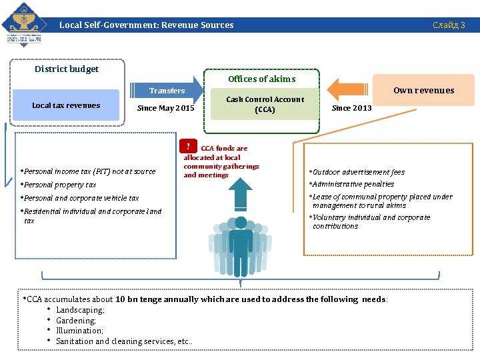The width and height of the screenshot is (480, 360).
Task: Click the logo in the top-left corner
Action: click(24, 24)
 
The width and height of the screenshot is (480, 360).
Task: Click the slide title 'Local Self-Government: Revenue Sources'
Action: click(147, 25)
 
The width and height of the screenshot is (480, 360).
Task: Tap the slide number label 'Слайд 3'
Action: click(449, 25)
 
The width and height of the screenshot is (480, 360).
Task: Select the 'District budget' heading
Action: click(67, 69)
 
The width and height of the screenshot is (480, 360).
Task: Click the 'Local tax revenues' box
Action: click(66, 105)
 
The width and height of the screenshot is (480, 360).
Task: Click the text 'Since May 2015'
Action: click(165, 108)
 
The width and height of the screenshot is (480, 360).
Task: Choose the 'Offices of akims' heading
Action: click(261, 79)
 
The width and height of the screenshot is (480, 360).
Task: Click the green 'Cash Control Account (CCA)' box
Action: click(265, 104)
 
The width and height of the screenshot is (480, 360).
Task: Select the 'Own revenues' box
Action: click(424, 91)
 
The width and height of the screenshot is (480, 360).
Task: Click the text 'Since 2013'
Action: click(351, 108)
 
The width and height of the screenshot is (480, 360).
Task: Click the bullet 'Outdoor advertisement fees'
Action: click(358, 172)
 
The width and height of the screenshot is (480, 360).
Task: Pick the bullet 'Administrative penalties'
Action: click(353, 184)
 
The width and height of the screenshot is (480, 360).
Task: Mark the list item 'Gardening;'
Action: click(76, 321)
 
